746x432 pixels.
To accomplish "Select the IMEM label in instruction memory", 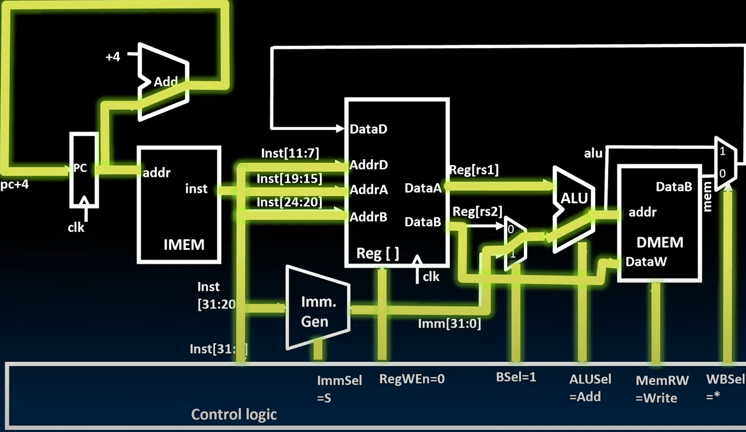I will pos(184,244).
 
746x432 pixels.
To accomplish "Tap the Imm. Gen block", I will pos(318,310).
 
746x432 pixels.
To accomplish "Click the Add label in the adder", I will pos(166,82).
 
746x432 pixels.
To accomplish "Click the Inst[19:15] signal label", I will pos(289,178).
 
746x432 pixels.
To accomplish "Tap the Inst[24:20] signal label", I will pos(289,203).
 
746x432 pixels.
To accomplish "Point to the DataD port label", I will pos(369,130).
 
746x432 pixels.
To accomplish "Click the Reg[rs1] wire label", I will pos(474,171).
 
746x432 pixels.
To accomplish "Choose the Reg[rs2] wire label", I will pos(477,211).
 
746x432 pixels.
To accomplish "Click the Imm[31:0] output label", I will pos(449,324).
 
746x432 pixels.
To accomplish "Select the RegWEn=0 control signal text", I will pos(411,379).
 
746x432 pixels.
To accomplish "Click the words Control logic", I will pos(234,414).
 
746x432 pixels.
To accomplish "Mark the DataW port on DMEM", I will pos(646,262).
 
